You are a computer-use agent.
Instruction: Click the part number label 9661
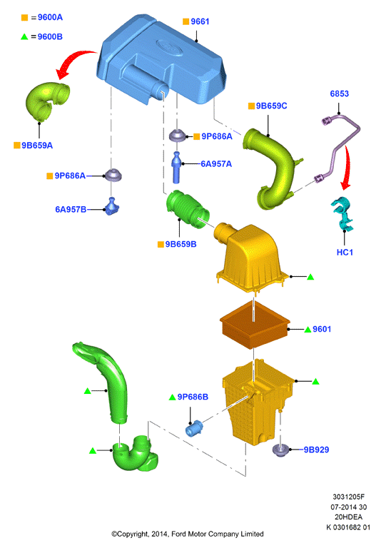[x=200, y=21]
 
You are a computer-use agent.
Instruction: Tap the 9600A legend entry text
[x=50, y=17]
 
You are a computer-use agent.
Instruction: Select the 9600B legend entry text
[x=50, y=36]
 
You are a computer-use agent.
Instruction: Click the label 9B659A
[x=37, y=146]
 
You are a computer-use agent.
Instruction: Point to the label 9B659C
[x=272, y=106]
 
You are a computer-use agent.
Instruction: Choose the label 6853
[x=340, y=93]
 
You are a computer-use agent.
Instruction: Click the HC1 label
[x=345, y=253]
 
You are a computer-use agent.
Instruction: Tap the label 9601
[x=322, y=329]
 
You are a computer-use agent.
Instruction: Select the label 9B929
[x=316, y=450]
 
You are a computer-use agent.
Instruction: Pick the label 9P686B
[x=193, y=397]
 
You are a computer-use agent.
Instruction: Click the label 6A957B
[x=71, y=209]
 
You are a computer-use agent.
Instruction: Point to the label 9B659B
[x=181, y=244]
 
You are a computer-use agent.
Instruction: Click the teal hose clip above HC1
[x=342, y=213]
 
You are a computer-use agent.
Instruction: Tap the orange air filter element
[x=255, y=325]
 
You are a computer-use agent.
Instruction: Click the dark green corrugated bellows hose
[x=188, y=208]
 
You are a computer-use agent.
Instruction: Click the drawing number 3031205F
[x=348, y=497]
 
